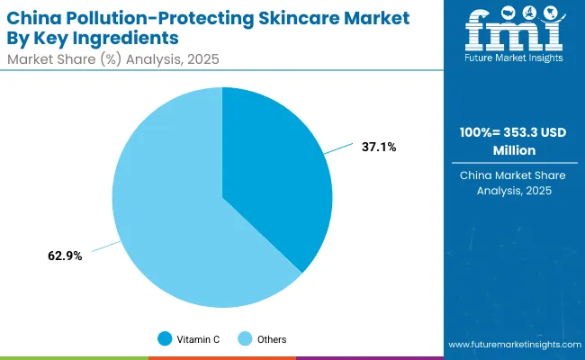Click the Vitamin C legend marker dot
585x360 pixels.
pyautogui.click(x=164, y=339)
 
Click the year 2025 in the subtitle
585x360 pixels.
pyautogui.click(x=203, y=59)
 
